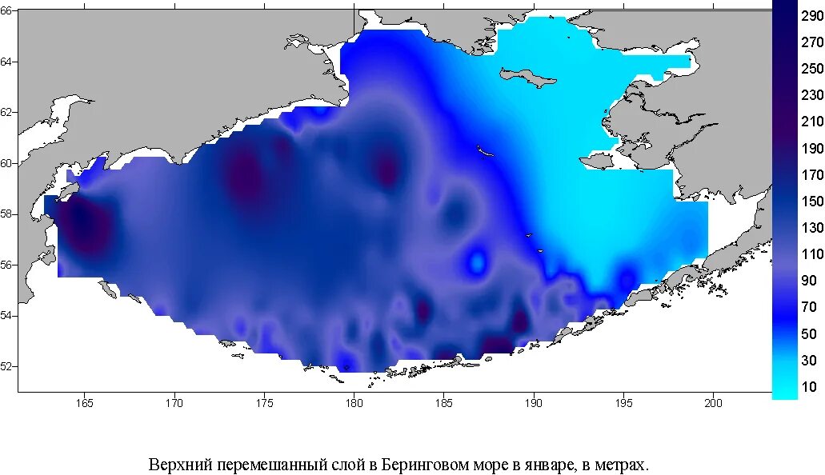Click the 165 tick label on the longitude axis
[x=84, y=403]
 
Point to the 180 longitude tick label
[x=354, y=403]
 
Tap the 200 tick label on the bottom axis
[x=713, y=403]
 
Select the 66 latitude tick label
[x=7, y=11]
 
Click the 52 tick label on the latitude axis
[x=7, y=366]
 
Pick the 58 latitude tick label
[x=7, y=214]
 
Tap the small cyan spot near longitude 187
[x=478, y=261]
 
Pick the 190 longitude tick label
[x=533, y=403]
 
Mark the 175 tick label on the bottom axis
[x=264, y=403]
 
